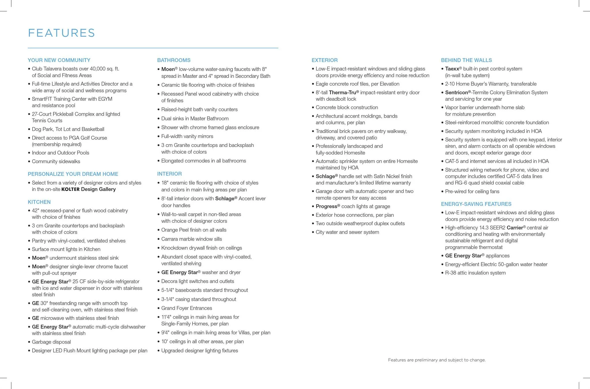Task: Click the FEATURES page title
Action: pos(61,33)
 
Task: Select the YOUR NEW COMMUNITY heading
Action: pos(59,60)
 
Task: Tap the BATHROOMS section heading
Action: pos(174,60)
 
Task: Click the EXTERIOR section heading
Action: pos(324,60)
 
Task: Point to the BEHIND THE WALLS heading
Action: pos(466,60)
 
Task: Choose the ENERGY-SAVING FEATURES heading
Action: pos(476,204)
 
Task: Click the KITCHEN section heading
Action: pos(39,202)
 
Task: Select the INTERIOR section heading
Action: pos(169,174)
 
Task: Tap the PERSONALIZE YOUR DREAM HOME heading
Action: pos(73,174)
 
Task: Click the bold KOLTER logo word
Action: pos(70,189)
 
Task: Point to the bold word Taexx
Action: pos(452,69)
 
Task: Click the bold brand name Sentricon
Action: pos(456,92)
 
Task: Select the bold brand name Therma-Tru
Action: pos(342,92)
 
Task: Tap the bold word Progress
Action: pos(326,206)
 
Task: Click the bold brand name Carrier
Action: pos(515,228)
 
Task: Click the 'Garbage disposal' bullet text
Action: pos(51,342)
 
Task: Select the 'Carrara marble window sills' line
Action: pos(192,239)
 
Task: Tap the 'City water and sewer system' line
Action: pos(347,232)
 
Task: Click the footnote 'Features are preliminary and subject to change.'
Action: pos(437,360)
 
